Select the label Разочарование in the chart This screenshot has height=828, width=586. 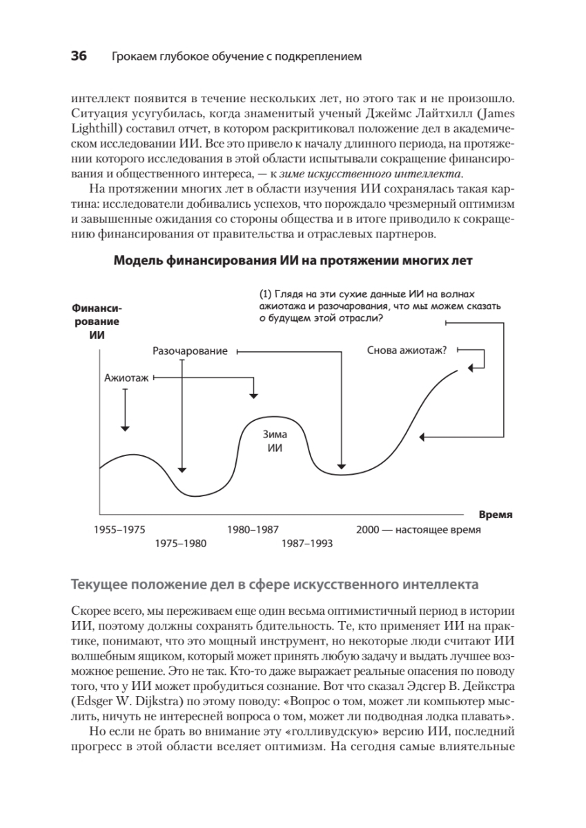pyautogui.click(x=190, y=351)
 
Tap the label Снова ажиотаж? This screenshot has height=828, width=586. pyautogui.click(x=406, y=350)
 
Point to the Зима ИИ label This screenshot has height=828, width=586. pyautogui.click(x=275, y=441)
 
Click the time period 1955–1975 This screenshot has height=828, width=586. pyautogui.click(x=119, y=530)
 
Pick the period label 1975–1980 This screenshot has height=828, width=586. pyautogui.click(x=180, y=543)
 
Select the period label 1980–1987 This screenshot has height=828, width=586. pyautogui.click(x=252, y=530)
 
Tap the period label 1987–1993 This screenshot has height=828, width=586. pyautogui.click(x=306, y=543)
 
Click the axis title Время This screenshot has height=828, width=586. pyautogui.click(x=496, y=515)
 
